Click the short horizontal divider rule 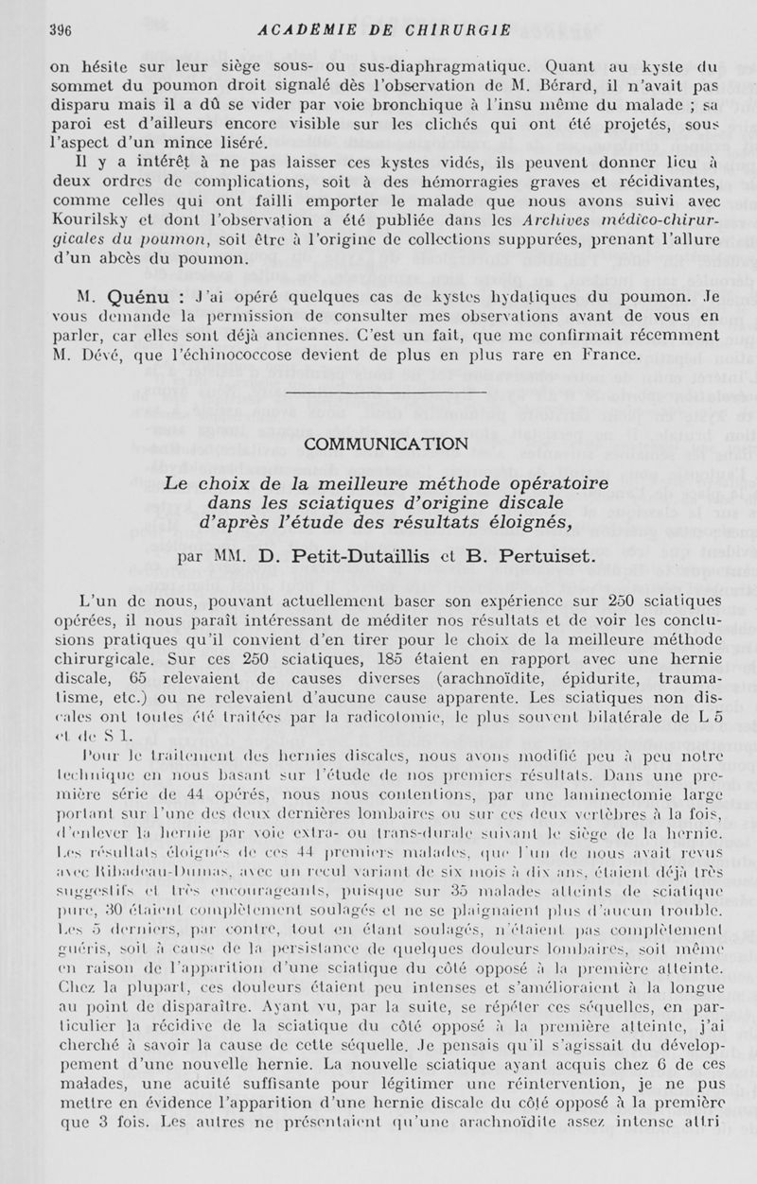click(x=385, y=392)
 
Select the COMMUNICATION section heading click(x=385, y=444)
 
